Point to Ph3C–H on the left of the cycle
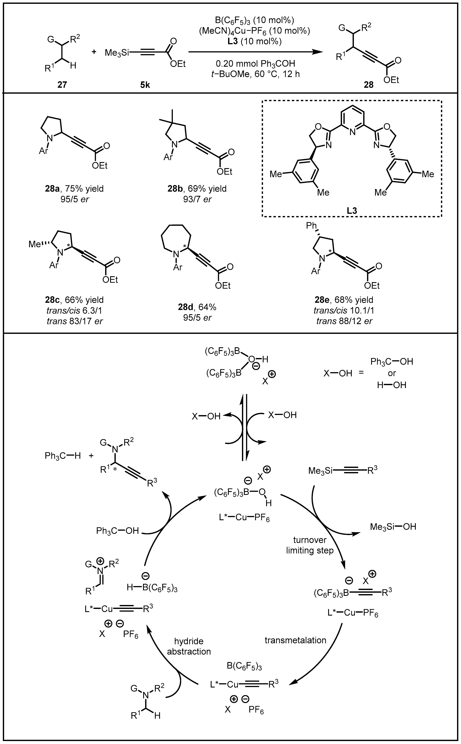[62, 456]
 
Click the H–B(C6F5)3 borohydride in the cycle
[152, 588]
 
